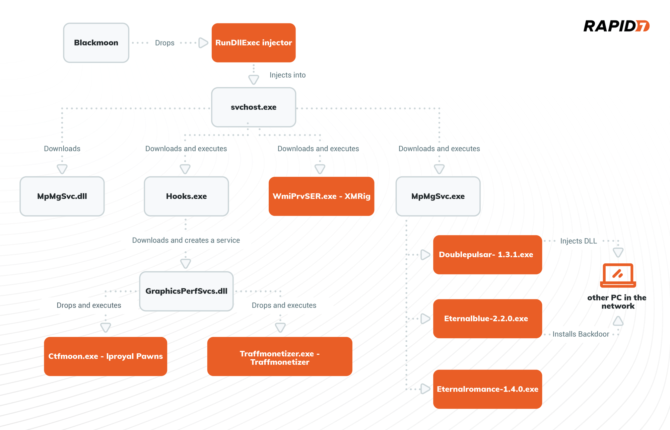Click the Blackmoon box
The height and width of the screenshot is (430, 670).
(x=96, y=43)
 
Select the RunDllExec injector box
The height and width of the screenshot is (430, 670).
(x=254, y=43)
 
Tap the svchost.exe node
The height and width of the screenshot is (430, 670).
(x=254, y=107)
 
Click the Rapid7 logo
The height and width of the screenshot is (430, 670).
(x=616, y=26)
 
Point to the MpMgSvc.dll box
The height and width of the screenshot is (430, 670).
(x=62, y=196)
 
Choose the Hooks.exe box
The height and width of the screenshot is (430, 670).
(x=186, y=196)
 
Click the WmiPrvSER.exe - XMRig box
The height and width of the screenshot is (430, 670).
(x=321, y=196)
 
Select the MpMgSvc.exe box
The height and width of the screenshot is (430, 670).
(x=438, y=196)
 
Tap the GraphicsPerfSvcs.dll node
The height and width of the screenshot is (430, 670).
(x=186, y=291)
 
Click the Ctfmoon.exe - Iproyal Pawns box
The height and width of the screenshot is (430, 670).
(x=106, y=356)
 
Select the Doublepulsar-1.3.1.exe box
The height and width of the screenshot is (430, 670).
(x=487, y=255)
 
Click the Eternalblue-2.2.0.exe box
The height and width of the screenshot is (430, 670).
(x=487, y=319)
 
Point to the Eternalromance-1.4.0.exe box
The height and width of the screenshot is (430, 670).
(x=487, y=389)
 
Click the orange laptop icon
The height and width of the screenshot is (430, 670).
(x=618, y=275)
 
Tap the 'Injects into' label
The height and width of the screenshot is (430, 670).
(x=287, y=75)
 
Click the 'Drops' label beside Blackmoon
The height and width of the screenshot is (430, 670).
(x=164, y=43)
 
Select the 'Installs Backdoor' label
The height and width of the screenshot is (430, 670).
(x=581, y=334)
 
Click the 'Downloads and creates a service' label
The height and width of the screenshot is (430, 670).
(x=186, y=240)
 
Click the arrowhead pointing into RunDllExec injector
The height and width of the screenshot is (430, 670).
(x=203, y=43)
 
